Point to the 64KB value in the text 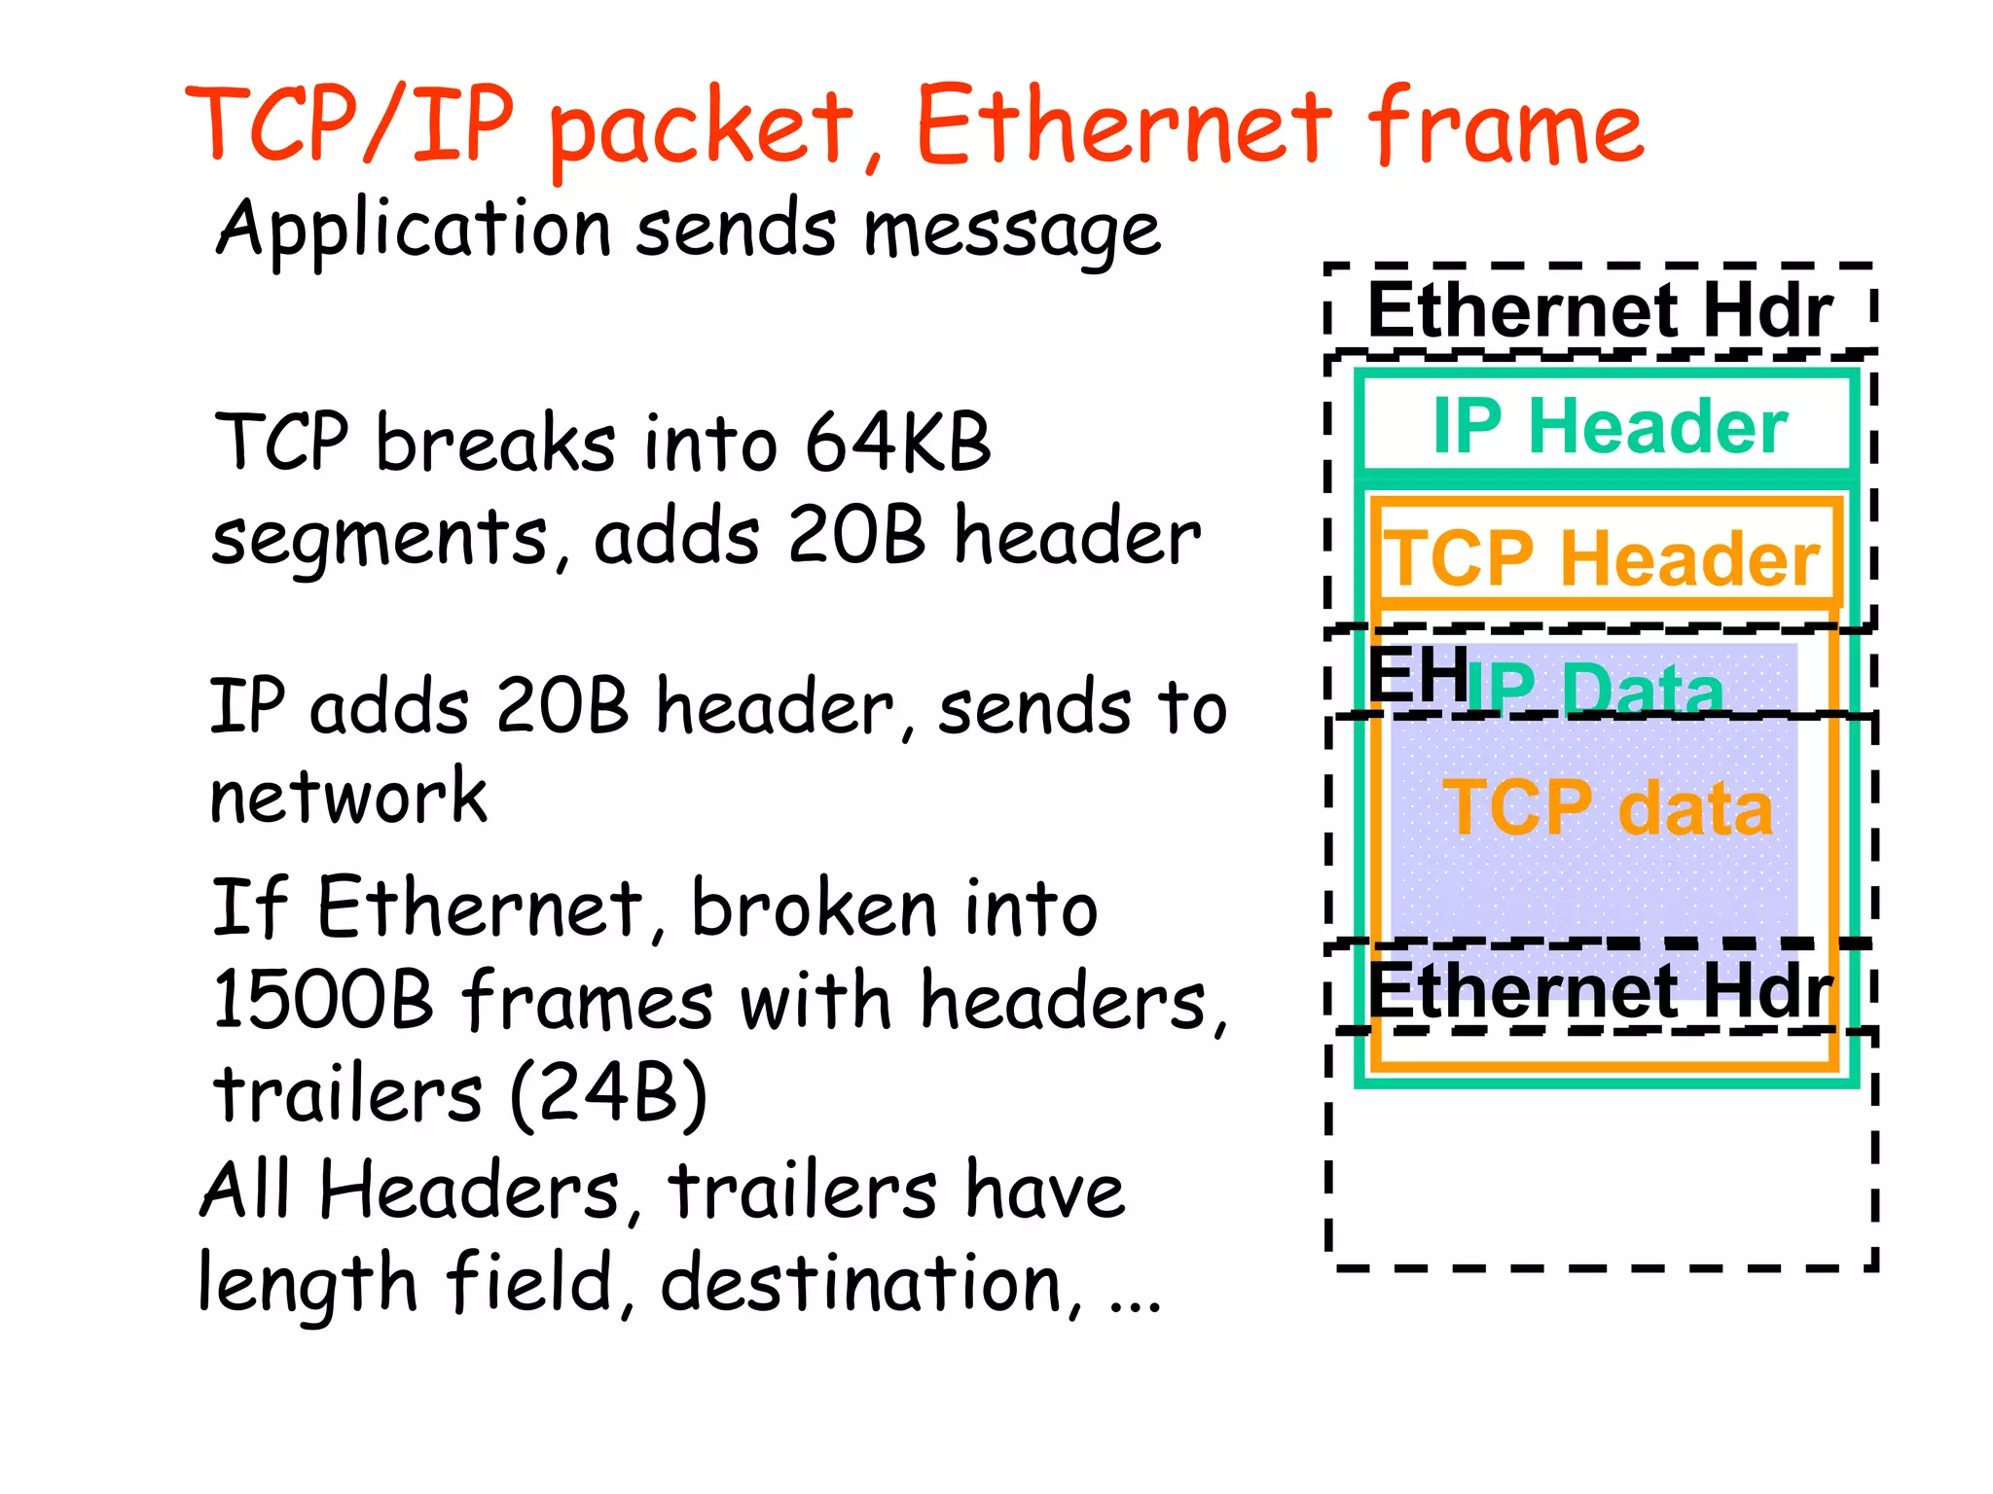tap(897, 443)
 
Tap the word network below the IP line tap(347, 798)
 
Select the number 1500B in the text tap(322, 1000)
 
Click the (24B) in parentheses tap(608, 1094)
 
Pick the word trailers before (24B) tap(347, 1094)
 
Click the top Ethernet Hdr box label tap(1600, 310)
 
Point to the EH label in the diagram tap(1417, 673)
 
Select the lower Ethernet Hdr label tap(1600, 990)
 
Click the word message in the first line tap(1012, 231)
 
